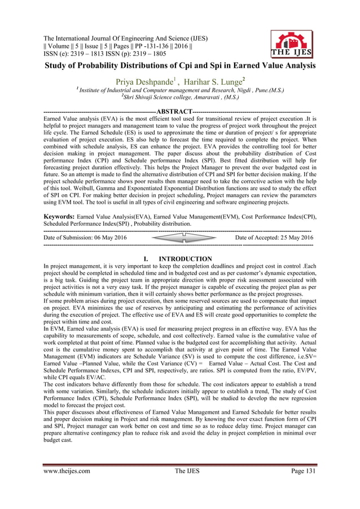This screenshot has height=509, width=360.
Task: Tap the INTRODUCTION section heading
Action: [x=186, y=259]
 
